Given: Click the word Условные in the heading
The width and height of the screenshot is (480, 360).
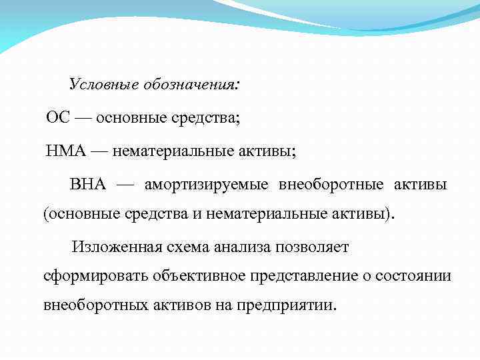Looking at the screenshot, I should pos(100,85).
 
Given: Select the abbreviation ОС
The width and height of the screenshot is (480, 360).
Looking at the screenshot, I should pos(57,119).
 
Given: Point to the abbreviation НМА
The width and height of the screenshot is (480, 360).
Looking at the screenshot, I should pos(66,151).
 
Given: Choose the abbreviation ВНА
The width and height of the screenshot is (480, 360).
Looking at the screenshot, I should pos(87,183).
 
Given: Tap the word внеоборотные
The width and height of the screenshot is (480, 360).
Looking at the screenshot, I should pos(337,184).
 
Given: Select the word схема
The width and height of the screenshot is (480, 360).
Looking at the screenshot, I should pos(189,247).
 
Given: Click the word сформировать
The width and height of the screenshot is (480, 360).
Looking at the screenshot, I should pos(95,276).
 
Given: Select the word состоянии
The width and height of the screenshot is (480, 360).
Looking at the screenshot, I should pos(417,276).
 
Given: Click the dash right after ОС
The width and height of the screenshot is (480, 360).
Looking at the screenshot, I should pos(83,119).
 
